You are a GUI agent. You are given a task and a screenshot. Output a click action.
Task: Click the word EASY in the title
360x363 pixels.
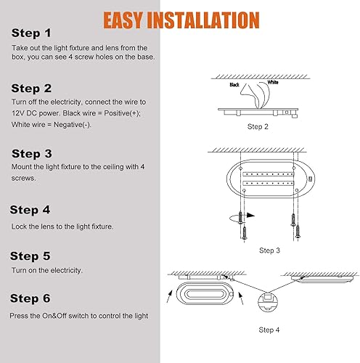point(129,20)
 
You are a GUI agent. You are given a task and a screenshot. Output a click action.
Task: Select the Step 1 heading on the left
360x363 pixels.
point(31,33)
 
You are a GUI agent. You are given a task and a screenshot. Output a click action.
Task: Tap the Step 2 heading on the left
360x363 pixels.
point(31,89)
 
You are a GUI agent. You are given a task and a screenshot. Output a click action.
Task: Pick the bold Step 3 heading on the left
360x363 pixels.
point(31,153)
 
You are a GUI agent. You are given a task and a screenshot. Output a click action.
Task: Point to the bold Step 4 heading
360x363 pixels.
point(30,210)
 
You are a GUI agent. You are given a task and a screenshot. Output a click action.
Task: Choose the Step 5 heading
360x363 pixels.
point(30,256)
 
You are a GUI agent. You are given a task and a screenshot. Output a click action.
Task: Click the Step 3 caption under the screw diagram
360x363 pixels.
point(269,250)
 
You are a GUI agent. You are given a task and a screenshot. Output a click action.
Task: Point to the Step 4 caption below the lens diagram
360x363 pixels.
point(269,330)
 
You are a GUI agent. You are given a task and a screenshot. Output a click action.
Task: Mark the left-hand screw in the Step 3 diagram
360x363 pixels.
point(244,232)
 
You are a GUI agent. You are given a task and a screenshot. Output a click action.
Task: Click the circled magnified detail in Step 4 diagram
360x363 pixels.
point(269,297)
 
